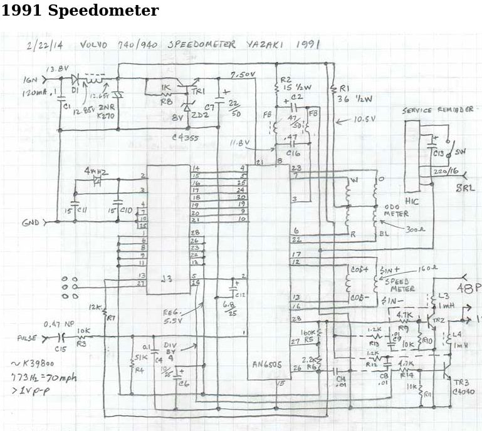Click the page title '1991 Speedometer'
point(80,11)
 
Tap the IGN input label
point(31,80)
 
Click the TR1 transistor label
point(199,92)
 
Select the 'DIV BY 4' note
point(171,350)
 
